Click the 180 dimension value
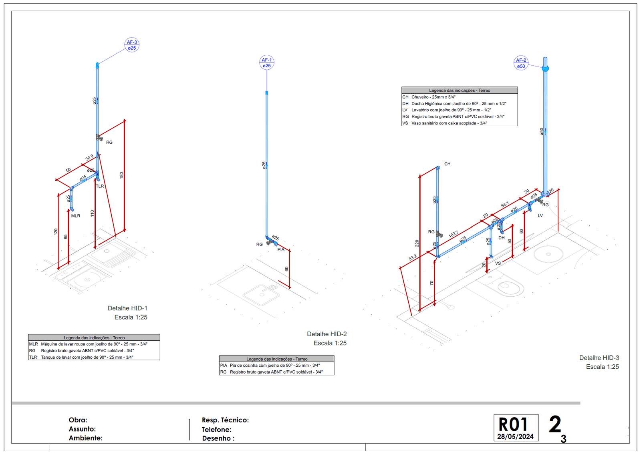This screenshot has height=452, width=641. [121, 175]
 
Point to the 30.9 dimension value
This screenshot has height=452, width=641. [89, 157]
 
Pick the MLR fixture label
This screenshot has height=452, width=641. [76, 216]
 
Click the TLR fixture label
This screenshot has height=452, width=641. [100, 186]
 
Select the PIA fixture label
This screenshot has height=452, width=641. [281, 249]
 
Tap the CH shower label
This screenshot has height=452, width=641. [447, 164]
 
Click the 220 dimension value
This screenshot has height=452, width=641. [417, 243]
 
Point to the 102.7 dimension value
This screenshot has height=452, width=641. [453, 234]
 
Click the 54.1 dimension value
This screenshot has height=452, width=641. [505, 205]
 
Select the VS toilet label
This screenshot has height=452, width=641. [498, 263]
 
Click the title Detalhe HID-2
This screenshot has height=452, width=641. [327, 334]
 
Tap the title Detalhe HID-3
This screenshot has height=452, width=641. [599, 358]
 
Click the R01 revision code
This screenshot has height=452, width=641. [513, 424]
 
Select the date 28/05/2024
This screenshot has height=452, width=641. [515, 436]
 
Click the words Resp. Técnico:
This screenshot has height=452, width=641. [225, 420]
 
